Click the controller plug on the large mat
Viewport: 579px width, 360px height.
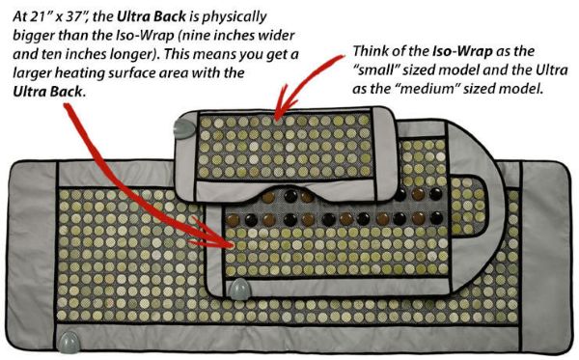pos(69,343)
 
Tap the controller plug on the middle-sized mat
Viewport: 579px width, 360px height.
pos(239,290)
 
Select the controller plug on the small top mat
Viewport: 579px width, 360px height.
pos(183,127)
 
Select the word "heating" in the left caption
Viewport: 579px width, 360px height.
pos(79,73)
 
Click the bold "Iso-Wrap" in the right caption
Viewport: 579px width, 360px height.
pos(462,51)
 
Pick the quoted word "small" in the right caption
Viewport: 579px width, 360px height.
pos(376,69)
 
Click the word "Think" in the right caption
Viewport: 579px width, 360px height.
pos(370,51)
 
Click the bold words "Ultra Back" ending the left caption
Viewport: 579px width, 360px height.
pos(49,92)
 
